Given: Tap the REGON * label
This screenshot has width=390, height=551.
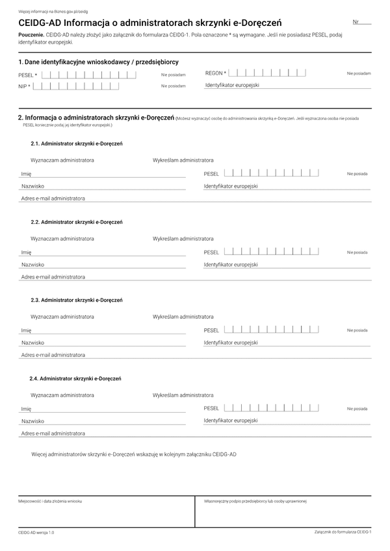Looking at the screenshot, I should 216,73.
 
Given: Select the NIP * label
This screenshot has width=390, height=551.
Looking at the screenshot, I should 25,86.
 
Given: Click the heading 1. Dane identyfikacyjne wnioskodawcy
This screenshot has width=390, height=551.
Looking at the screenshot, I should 98,62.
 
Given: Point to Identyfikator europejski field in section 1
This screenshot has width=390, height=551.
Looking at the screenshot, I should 287,85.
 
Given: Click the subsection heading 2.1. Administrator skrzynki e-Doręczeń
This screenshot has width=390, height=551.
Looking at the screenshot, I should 77,143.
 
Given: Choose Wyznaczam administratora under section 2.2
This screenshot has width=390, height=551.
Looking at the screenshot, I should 62,239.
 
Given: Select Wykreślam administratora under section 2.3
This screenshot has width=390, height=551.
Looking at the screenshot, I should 183,317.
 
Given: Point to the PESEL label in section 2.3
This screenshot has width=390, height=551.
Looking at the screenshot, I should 211,330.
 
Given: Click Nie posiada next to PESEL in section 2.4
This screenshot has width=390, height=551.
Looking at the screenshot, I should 357,409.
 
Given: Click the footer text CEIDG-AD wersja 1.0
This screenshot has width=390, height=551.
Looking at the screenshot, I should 37,532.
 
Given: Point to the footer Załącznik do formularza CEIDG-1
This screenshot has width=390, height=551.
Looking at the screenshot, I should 342,531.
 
